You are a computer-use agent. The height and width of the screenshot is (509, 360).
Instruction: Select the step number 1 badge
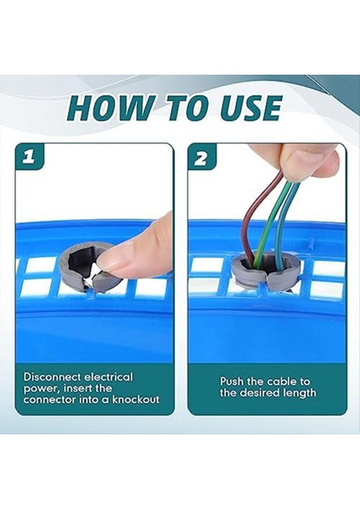pyautogui.click(x=31, y=159)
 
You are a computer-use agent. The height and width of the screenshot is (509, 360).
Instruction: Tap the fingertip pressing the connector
pyautogui.click(x=127, y=257)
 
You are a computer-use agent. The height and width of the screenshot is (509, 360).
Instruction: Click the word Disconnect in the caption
pyautogui.click(x=51, y=377)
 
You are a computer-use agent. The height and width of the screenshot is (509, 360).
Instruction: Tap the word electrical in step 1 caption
pyautogui.click(x=110, y=377)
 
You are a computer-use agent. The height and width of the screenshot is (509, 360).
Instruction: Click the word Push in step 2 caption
pyautogui.click(x=234, y=382)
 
